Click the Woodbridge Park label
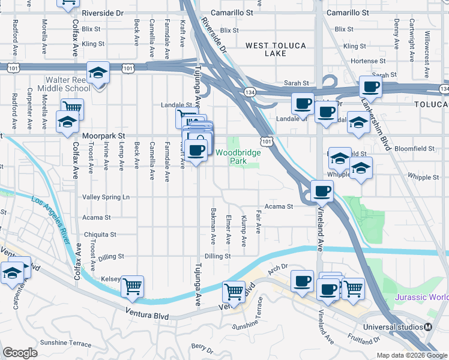pyautogui.click(x=238, y=157)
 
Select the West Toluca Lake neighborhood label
pyautogui.click(x=276, y=49)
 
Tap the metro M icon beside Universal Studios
pyautogui.click(x=428, y=327)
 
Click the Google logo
pyautogui.click(x=20, y=353)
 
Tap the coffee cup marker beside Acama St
pyautogui.click(x=322, y=191)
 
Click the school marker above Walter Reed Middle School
pyautogui.click(x=97, y=73)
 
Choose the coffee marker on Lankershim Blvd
pyautogui.click(x=371, y=86)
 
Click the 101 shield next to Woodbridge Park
pyautogui.click(x=266, y=140)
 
